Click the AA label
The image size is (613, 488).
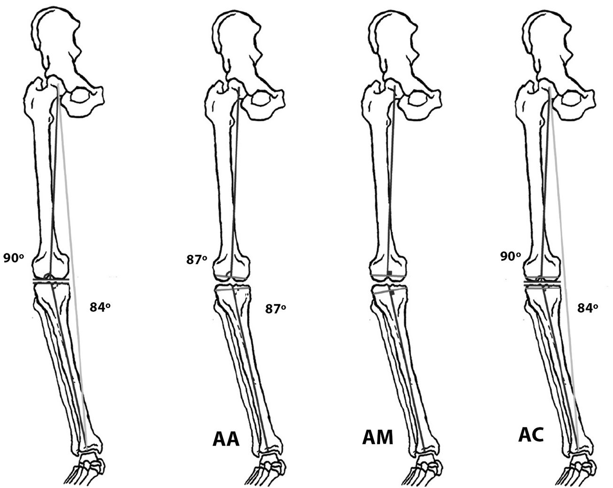point(226,439)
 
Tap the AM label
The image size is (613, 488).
point(378,437)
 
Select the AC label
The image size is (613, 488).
point(531,435)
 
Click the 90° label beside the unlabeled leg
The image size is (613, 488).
point(14,258)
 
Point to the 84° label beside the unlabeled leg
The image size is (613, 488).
point(100,307)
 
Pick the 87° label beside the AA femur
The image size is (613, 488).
point(197,260)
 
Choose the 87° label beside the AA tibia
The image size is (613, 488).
point(276,308)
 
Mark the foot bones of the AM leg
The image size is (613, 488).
point(426,470)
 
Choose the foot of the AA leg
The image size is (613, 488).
point(269,470)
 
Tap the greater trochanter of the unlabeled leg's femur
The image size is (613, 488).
point(36,89)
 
